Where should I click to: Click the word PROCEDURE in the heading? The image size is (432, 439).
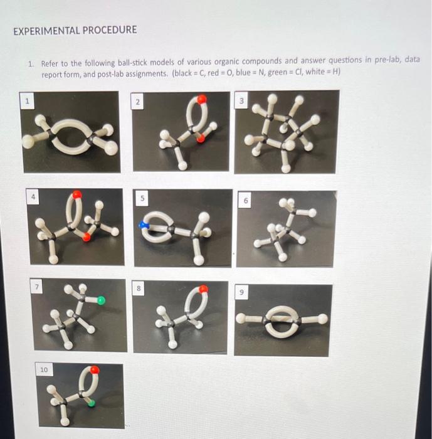click(111, 30)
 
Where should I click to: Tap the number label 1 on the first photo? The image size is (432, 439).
click(27, 101)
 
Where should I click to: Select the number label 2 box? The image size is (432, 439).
click(139, 102)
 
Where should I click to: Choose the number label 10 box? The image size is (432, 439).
click(43, 370)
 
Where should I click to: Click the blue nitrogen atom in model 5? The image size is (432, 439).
click(144, 224)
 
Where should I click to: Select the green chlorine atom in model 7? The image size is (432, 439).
click(101, 300)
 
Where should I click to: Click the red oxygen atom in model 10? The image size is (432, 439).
click(95, 370)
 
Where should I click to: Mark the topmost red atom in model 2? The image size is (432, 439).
click(201, 99)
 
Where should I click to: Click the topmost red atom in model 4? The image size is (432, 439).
click(76, 194)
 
